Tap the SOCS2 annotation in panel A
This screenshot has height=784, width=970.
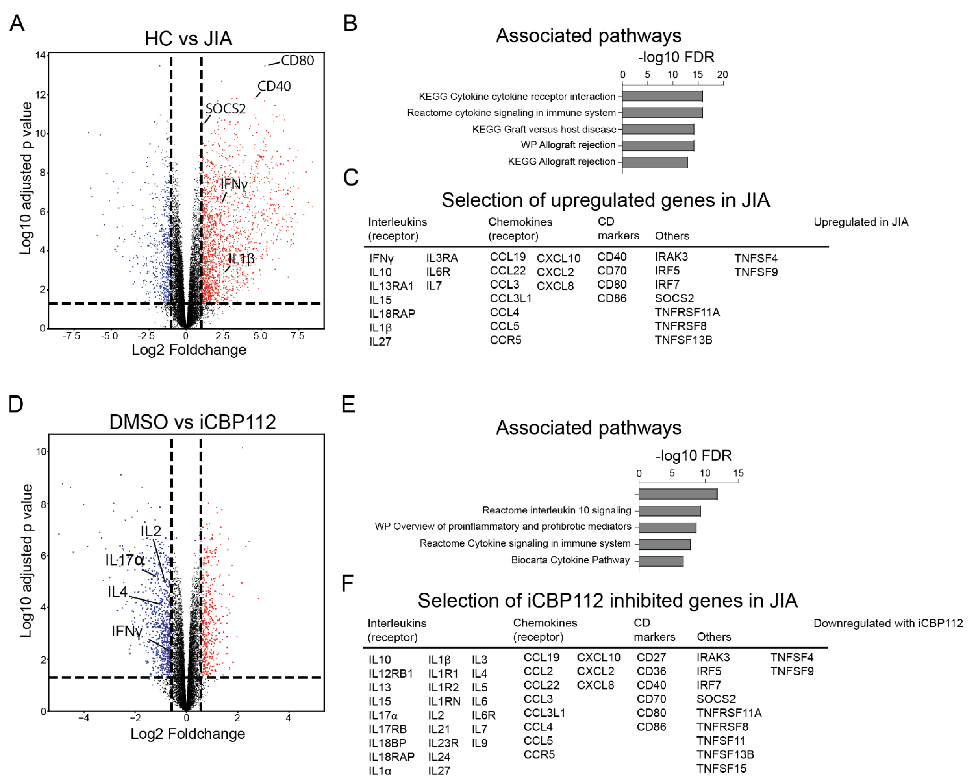pyautogui.click(x=225, y=109)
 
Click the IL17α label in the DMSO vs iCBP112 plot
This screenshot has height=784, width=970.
pyautogui.click(x=125, y=560)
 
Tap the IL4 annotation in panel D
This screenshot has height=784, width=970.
pyautogui.click(x=117, y=592)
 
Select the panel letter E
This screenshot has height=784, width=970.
pyautogui.click(x=348, y=404)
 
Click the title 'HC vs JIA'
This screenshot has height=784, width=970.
pyautogui.click(x=188, y=39)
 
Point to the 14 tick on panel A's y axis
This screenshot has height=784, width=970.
pyautogui.click(x=41, y=55)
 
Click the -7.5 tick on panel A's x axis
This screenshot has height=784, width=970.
pyautogui.click(x=71, y=336)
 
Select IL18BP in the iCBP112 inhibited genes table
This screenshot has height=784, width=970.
pyautogui.click(x=387, y=743)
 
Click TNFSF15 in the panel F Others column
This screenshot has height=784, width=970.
pyautogui.click(x=721, y=768)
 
